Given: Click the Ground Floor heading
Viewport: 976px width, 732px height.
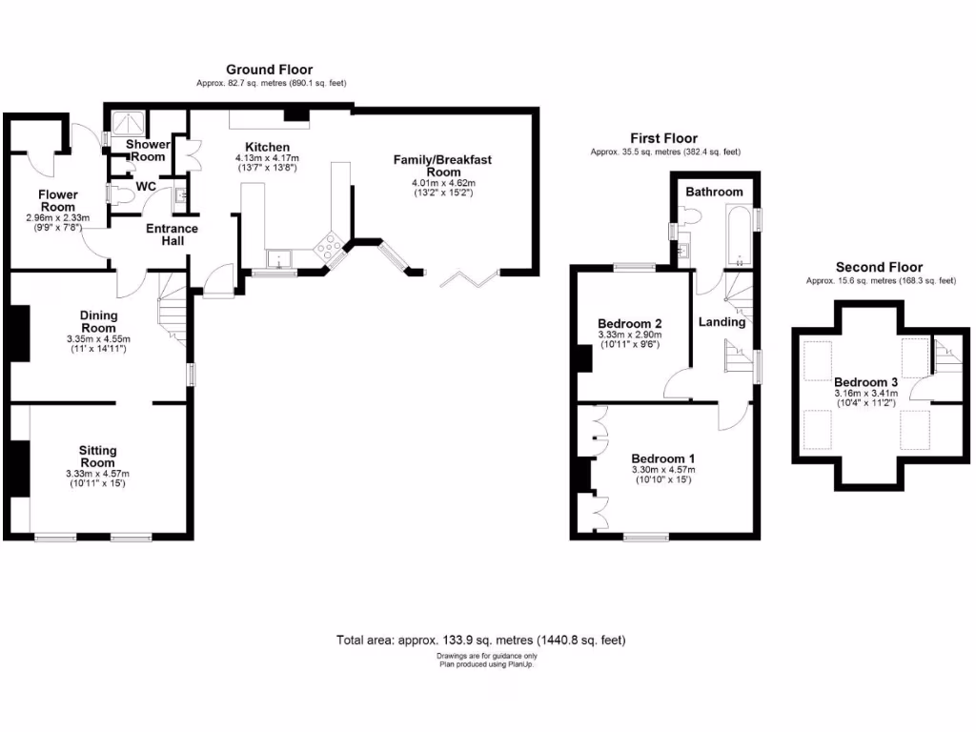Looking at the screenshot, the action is pyautogui.click(x=269, y=70).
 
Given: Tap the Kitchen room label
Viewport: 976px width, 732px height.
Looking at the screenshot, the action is pyautogui.click(x=267, y=147).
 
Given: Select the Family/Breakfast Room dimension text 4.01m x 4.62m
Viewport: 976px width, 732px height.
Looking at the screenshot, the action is pyautogui.click(x=443, y=183).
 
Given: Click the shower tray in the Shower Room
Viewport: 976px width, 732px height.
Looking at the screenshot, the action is pyautogui.click(x=130, y=122).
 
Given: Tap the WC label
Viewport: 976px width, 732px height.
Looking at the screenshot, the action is pyautogui.click(x=146, y=187).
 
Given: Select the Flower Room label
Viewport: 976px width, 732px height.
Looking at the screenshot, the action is pyautogui.click(x=58, y=200).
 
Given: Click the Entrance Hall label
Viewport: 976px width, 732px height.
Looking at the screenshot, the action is pyautogui.click(x=173, y=234).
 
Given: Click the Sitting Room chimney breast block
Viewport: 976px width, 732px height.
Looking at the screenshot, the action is pyautogui.click(x=19, y=469).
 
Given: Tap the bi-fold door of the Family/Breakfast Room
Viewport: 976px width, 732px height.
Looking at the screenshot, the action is pyautogui.click(x=469, y=279).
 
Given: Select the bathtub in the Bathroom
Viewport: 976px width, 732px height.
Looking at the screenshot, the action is pyautogui.click(x=740, y=236).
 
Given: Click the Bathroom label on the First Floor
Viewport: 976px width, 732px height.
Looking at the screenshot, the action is pyautogui.click(x=714, y=192).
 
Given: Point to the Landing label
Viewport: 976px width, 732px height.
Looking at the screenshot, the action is pyautogui.click(x=722, y=322).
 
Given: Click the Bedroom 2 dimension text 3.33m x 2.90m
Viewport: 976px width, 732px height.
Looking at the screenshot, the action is pyautogui.click(x=629, y=335).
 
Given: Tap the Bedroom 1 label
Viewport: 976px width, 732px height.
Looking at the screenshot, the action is pyautogui.click(x=663, y=458).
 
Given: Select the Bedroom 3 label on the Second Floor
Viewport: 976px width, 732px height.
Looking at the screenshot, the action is pyautogui.click(x=865, y=382).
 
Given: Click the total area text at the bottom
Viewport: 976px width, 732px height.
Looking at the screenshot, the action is pyautogui.click(x=481, y=640).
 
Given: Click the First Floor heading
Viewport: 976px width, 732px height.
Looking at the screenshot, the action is pyautogui.click(x=663, y=138).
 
